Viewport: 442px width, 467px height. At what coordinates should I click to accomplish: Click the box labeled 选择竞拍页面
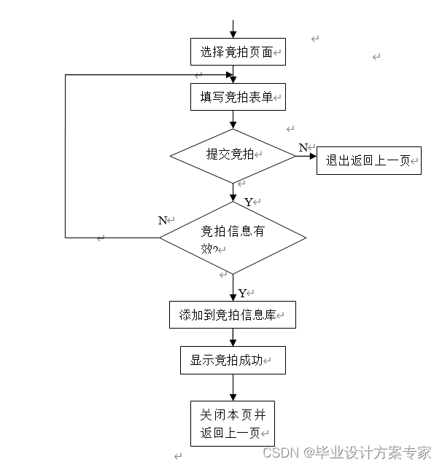[x=237, y=52]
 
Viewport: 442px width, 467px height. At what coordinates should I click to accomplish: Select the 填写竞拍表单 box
[x=237, y=96]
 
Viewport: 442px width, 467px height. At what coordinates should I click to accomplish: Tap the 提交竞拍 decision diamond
[x=233, y=155]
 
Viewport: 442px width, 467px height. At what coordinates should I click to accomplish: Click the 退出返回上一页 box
[x=368, y=161]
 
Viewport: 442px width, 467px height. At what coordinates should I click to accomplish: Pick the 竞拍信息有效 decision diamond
[x=233, y=238]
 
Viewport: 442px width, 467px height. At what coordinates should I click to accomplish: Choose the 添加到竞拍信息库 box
[x=232, y=315]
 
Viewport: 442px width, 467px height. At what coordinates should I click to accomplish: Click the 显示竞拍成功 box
[x=232, y=360]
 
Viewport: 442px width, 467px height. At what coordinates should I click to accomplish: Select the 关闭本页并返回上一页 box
[x=233, y=423]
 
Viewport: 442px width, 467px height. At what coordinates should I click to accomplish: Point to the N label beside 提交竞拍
[x=303, y=148]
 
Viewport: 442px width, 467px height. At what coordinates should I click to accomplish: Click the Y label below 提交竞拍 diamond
[x=248, y=202]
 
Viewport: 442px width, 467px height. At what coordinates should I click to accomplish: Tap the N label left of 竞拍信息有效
[x=163, y=220]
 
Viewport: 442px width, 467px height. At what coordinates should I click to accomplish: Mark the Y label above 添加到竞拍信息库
[x=242, y=294]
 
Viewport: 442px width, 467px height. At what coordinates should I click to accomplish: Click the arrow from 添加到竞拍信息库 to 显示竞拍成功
[x=233, y=337]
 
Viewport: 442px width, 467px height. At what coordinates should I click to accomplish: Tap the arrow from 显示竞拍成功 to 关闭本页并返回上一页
[x=233, y=387]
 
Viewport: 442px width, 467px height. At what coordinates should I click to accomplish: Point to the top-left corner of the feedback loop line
[x=66, y=75]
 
